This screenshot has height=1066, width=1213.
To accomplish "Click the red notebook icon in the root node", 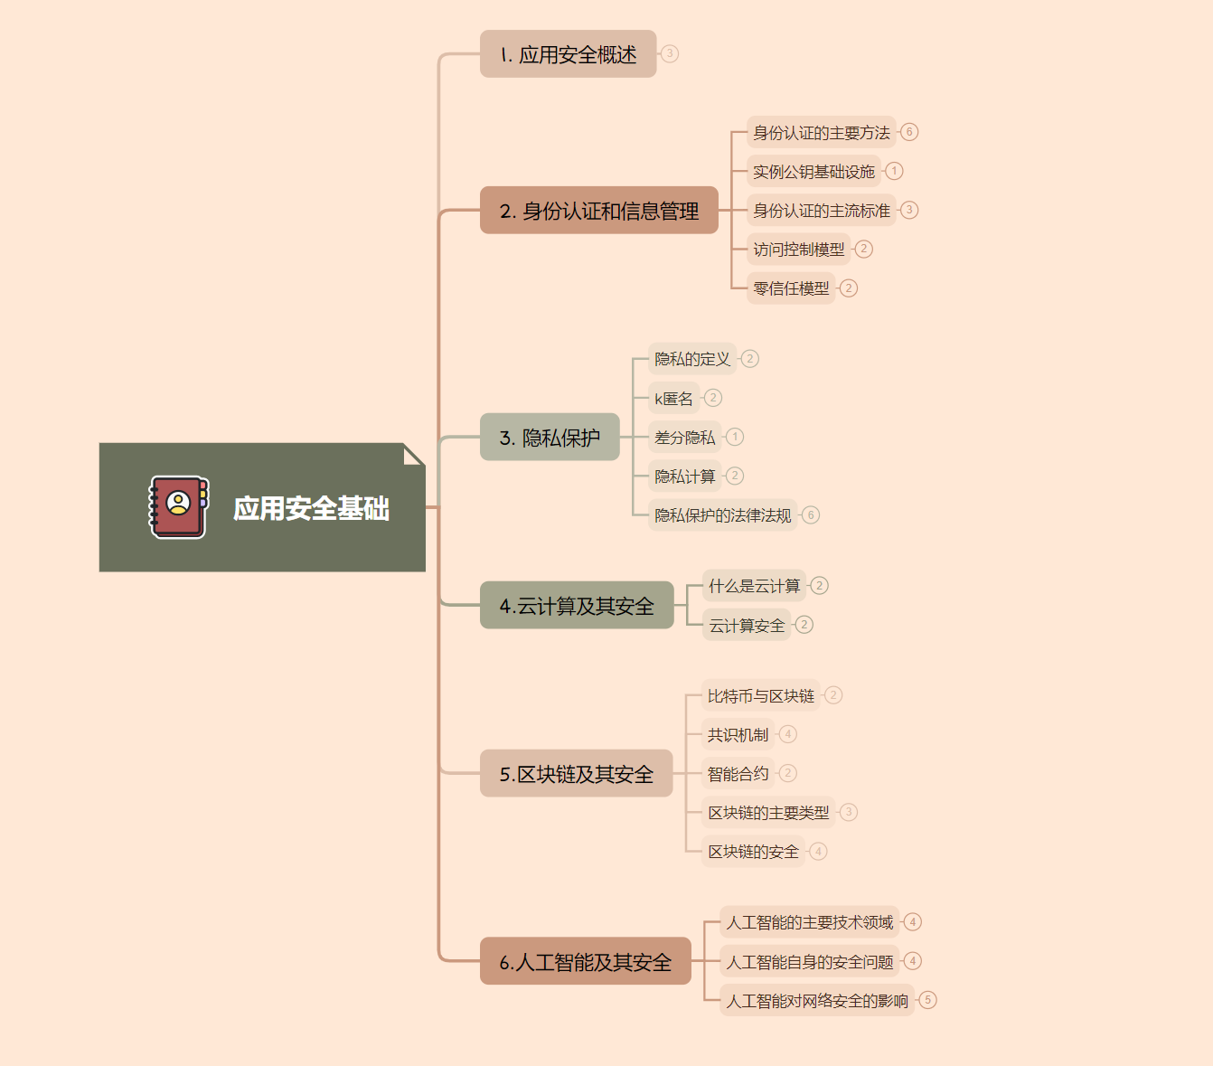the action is pos(178,507).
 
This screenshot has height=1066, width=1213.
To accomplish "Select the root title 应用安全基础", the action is pos(311,508).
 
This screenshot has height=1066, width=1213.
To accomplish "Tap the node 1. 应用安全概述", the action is pos(568,54).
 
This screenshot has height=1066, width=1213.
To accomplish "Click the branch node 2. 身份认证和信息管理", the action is pos(598,211).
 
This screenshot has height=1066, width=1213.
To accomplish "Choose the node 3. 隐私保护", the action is pos(550,438).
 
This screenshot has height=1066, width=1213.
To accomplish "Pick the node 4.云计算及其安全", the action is pos(577,606).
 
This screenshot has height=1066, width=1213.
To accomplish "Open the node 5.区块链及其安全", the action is pos(576,774).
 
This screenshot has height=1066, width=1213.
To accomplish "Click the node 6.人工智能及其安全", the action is pos(585,962).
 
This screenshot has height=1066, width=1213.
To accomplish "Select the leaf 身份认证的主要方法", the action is pos(821,133).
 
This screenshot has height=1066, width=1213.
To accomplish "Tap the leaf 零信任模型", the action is pos(791,288).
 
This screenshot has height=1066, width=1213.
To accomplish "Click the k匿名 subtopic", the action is pos(673,399).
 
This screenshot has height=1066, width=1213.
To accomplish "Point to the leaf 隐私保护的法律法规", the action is pos(722,515).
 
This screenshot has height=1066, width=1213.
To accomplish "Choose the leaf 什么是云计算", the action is pos(754,586).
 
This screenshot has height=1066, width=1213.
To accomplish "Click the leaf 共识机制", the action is pos(738,735).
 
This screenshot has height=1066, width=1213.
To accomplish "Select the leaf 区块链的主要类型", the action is pos(768,813).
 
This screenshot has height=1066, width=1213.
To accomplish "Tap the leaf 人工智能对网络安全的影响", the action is pos(817,1001).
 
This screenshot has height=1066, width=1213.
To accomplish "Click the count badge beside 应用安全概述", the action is pos(670,53).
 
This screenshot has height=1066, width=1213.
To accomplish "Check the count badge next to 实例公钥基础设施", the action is pos(894,171).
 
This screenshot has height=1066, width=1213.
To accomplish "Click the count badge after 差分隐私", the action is pos(735,437).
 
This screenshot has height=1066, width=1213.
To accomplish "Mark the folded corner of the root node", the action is pos(414,454).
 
